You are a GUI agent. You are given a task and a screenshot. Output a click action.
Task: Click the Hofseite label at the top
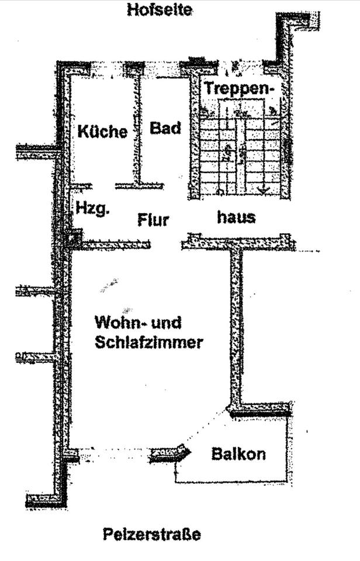(160, 10)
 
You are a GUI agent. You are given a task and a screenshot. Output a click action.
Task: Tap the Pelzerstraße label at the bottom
(151, 534)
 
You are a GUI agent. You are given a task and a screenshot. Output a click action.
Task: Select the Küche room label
(102, 131)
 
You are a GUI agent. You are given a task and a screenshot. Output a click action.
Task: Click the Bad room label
(165, 128)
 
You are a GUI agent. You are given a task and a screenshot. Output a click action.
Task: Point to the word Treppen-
(239, 89)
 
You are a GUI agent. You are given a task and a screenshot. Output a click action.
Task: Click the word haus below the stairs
(236, 217)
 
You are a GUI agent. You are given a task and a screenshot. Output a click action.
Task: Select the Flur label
(153, 220)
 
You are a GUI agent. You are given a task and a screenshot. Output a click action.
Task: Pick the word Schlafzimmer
(148, 342)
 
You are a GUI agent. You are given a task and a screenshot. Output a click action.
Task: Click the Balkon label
(238, 453)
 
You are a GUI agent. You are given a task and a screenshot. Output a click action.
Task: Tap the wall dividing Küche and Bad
(137, 129)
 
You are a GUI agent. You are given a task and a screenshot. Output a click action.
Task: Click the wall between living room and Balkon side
(236, 327)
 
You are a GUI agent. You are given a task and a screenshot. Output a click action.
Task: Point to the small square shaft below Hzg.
(74, 238)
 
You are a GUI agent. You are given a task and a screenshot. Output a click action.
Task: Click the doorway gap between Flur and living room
(167, 243)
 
